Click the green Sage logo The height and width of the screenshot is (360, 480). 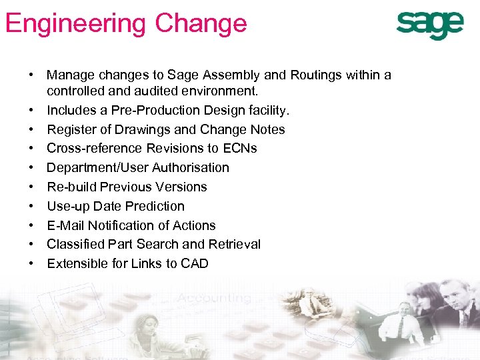[429, 25]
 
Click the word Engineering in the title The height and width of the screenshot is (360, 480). [75, 24]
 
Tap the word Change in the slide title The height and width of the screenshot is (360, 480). [201, 24]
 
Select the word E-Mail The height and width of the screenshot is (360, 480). [65, 225]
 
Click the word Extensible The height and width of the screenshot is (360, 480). [75, 263]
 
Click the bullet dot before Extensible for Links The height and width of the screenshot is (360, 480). [31, 263]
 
